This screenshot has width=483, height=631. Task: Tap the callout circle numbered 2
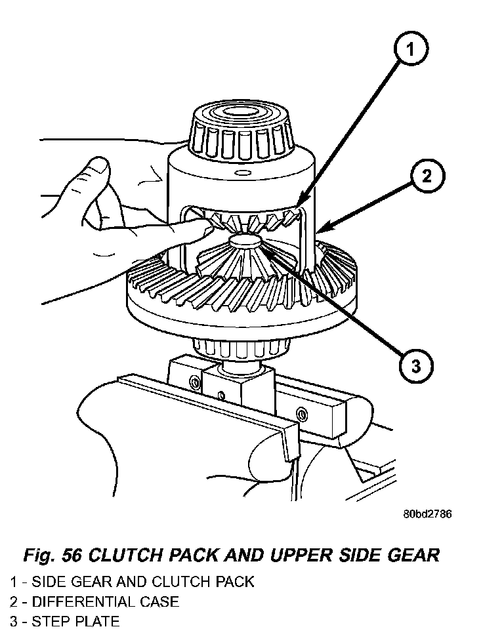click(x=427, y=176)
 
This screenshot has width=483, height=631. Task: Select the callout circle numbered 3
click(x=415, y=365)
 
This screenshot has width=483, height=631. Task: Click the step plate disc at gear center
click(x=246, y=242)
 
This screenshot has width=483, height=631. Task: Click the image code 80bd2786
click(x=427, y=514)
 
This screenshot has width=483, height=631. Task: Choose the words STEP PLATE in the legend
click(x=76, y=621)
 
